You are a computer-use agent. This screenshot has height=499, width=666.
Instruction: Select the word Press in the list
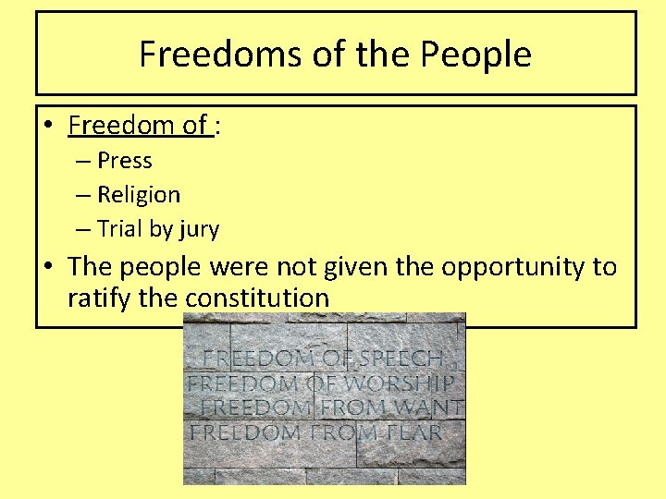(x=124, y=161)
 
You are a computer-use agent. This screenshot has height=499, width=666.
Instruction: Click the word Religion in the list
(x=139, y=195)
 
